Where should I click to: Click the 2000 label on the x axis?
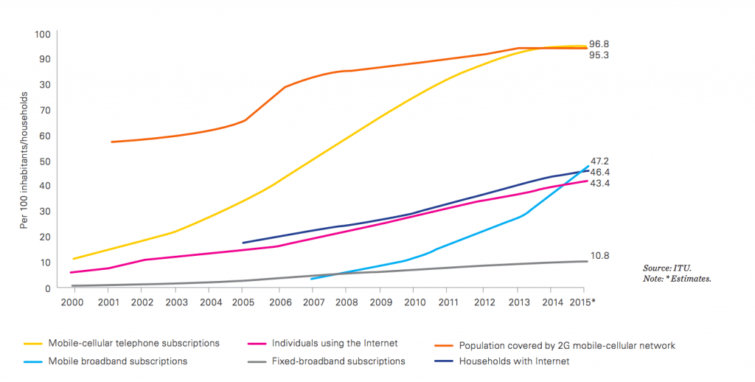71,302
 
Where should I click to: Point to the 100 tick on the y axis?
42,34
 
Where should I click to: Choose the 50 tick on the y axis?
44,161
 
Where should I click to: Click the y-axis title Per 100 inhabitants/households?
24,161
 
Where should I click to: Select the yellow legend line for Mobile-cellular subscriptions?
33,344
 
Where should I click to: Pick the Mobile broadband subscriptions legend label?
117,361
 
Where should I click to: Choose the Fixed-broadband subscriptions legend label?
339,361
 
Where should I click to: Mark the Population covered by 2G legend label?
566,345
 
